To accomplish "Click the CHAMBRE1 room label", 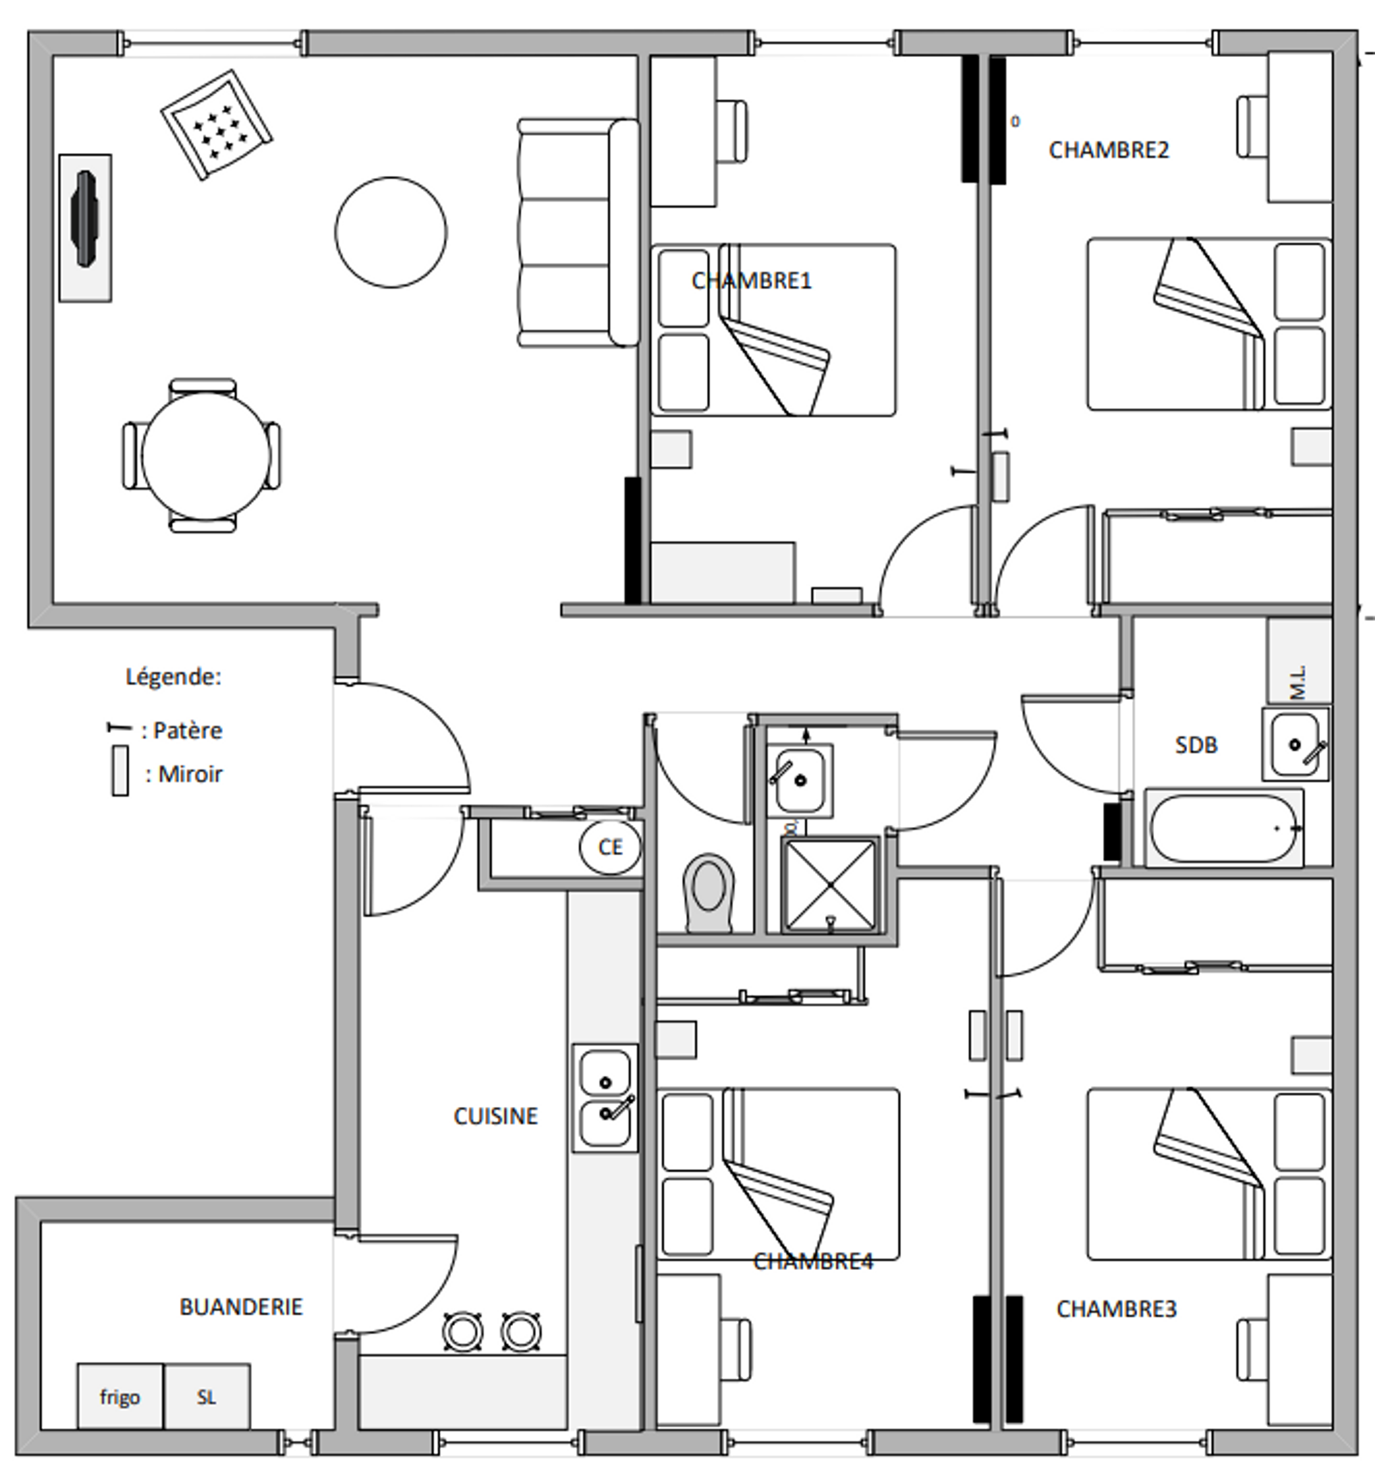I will (x=751, y=281).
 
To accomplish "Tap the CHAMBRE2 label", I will (x=1108, y=151).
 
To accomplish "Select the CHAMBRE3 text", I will (x=1115, y=1310).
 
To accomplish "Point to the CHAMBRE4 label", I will (x=812, y=1262).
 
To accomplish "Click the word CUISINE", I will (x=495, y=1116).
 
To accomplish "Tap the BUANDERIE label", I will (x=240, y=1308).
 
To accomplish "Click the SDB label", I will (x=1195, y=745).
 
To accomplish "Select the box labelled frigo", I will (x=120, y=1397).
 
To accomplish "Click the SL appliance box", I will (x=207, y=1397).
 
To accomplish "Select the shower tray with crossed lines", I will (x=830, y=885).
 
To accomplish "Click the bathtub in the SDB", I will (x=1224, y=829).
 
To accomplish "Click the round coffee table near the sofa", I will (x=391, y=232).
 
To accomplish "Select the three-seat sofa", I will (x=577, y=233).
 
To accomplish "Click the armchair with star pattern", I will (x=216, y=125).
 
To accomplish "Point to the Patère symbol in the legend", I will (x=118, y=728).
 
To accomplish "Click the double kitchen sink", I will (x=605, y=1098).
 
